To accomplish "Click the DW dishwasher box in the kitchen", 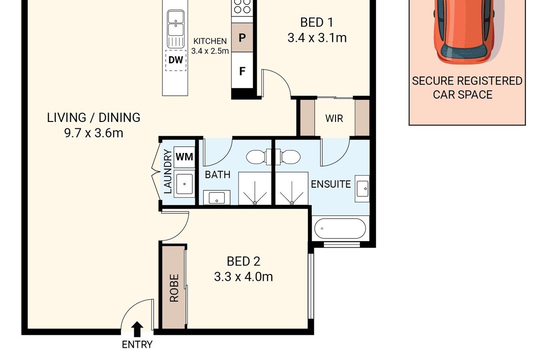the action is coord(176,60).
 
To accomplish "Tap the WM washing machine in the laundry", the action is coord(184,157).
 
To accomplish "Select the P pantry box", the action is coord(242,37).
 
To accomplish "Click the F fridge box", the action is coord(242,71).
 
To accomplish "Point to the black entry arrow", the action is coord(137,329).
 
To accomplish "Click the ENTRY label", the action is coord(137,345).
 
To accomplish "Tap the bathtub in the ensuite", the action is coord(340,228).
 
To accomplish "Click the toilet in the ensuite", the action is coord(288,157).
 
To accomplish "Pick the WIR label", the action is coord(334,118).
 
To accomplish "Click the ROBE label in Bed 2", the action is coord(174,288).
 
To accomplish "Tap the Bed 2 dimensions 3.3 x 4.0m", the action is coord(243,277).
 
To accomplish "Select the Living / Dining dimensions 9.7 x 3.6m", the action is coord(94,133).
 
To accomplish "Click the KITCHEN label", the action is coord(210,41).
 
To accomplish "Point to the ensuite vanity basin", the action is coord(362,189).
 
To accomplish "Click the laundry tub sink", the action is coord(184,184).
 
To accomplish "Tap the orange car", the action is coord(464,31).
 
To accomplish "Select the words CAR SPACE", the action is coord(463,95).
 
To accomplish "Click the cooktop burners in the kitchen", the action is coord(242,7).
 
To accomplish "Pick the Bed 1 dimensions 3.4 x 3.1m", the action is coord(317,38).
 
